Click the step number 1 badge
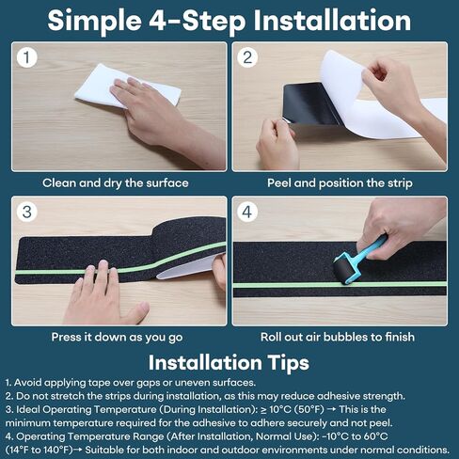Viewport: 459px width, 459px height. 28,58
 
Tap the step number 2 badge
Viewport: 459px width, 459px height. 249,58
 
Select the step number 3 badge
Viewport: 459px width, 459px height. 28,213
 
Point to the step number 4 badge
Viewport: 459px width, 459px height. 249,213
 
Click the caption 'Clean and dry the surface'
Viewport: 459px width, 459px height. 115,182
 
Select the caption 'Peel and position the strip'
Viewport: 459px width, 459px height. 340,182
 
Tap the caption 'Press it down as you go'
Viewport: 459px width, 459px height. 115,336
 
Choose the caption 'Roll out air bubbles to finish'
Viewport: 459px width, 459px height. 340,336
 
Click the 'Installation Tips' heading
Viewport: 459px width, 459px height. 229,361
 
